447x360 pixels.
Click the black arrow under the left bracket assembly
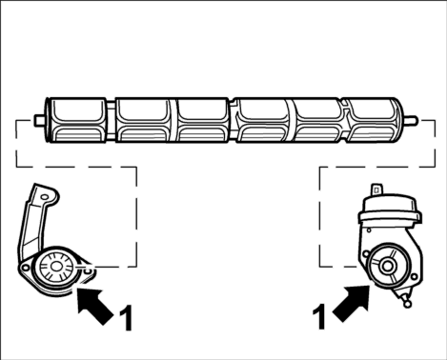[93, 305]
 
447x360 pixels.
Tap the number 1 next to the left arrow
[126, 318]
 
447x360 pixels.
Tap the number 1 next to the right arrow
[319, 316]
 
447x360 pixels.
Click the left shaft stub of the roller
[39, 120]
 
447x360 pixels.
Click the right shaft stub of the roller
[410, 120]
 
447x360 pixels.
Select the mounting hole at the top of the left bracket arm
[45, 197]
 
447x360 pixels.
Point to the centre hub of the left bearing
[56, 267]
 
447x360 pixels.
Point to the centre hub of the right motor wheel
[387, 266]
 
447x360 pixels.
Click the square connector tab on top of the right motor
[376, 190]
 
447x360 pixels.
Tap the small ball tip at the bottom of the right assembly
[407, 304]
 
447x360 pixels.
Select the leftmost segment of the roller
[78, 120]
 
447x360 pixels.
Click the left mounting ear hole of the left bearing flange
[25, 268]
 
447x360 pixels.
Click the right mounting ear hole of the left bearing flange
[89, 270]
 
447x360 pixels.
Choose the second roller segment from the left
[142, 120]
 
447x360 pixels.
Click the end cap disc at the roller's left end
[48, 120]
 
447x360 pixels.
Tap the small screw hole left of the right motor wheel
[366, 253]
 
